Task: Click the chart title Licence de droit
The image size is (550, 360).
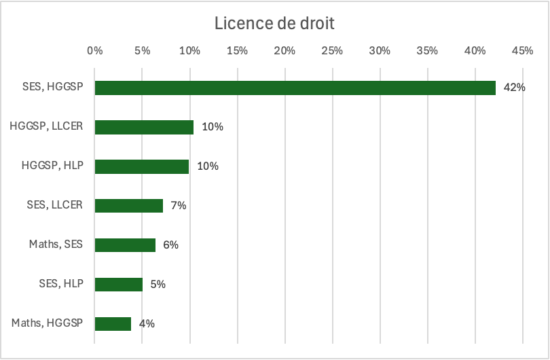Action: [274, 23]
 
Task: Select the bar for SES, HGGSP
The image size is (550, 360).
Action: [295, 88]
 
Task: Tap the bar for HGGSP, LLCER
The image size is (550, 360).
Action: [144, 127]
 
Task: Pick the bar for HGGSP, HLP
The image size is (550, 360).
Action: [142, 166]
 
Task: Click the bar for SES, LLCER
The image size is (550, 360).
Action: [129, 206]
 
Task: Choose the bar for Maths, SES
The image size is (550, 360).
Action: [125, 245]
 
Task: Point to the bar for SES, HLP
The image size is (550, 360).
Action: [119, 285]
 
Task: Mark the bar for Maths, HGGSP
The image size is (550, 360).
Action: [113, 324]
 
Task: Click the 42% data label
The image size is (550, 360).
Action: [515, 88]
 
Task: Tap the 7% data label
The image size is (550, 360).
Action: [179, 206]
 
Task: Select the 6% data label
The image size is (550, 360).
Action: [170, 245]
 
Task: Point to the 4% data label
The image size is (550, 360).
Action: [147, 324]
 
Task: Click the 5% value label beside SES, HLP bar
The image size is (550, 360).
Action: [158, 285]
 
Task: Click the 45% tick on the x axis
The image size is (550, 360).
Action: [522, 50]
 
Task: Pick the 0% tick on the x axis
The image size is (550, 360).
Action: [94, 50]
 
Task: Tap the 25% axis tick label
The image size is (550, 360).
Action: [332, 50]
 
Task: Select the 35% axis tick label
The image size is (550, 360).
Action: [427, 50]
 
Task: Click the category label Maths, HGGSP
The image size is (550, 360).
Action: [47, 323]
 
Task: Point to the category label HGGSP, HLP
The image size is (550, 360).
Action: [52, 166]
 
